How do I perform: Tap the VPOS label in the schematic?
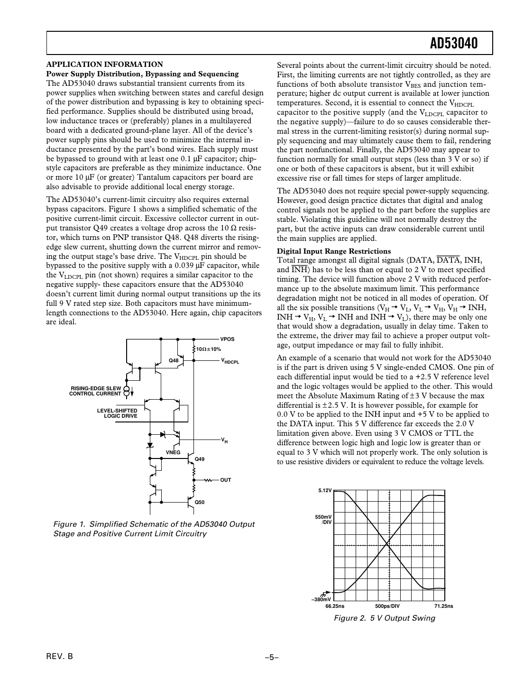(227, 339)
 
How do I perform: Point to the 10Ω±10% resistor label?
(209, 349)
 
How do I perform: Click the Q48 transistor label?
(174, 360)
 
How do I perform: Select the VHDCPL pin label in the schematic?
(230, 361)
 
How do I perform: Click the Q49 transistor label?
(200, 459)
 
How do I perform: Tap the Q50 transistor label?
(200, 502)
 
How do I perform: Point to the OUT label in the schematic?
(226, 480)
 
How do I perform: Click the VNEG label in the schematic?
(173, 452)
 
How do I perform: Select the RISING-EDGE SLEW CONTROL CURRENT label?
(95, 391)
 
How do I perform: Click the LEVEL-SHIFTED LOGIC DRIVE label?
(117, 413)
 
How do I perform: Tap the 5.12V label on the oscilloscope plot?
(325, 491)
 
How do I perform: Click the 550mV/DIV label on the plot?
(324, 519)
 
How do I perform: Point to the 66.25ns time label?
(335, 606)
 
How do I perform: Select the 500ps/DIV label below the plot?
(387, 606)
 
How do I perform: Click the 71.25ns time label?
(443, 606)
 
